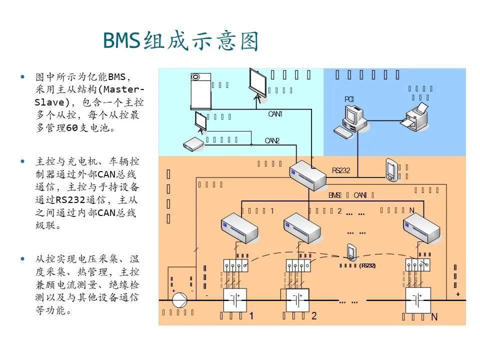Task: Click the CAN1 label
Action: [x=275, y=114]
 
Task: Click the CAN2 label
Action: [x=272, y=140]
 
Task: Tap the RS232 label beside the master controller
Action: [x=341, y=170]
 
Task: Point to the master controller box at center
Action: [x=307, y=175]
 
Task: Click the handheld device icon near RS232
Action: [x=391, y=170]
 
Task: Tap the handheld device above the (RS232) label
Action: [x=352, y=252]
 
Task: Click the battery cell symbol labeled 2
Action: [x=295, y=300]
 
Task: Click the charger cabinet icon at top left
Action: [x=200, y=91]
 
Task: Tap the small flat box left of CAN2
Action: [x=193, y=144]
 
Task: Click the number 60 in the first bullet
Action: [x=72, y=127]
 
